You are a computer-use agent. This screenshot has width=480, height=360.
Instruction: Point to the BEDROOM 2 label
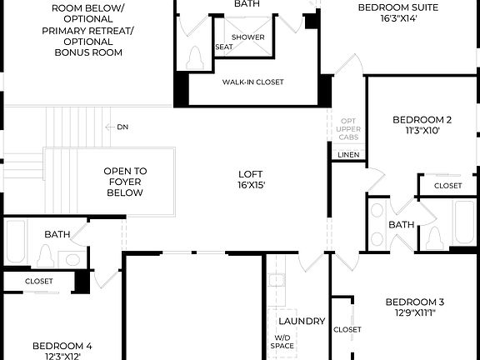pyautogui.click(x=422, y=119)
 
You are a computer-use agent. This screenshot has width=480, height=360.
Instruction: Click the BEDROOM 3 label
pyautogui.click(x=414, y=302)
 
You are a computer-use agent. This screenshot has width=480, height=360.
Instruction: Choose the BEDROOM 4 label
pyautogui.click(x=62, y=345)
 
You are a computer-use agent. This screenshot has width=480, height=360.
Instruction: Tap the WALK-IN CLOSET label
pyautogui.click(x=252, y=82)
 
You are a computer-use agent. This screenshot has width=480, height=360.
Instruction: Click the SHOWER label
pyautogui.click(x=247, y=37)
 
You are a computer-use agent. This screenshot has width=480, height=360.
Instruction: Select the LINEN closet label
pyautogui.click(x=348, y=155)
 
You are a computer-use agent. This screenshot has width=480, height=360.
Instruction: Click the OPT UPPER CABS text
pyautogui.click(x=348, y=129)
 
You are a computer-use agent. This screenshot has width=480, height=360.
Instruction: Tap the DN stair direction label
pyautogui.click(x=122, y=127)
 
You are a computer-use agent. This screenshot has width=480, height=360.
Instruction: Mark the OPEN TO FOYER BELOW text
pyautogui.click(x=125, y=182)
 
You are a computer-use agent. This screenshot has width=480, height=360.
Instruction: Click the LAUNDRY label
pyautogui.click(x=302, y=321)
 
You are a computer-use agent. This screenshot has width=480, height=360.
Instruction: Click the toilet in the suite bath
pyautogui.click(x=197, y=58)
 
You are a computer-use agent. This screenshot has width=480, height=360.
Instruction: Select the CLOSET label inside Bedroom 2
pyautogui.click(x=447, y=185)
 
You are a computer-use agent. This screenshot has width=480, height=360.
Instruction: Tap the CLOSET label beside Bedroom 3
pyautogui.click(x=347, y=329)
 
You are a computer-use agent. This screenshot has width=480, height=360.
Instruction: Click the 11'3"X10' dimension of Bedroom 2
pyautogui.click(x=422, y=130)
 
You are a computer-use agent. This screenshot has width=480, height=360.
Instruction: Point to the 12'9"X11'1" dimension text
pyautogui.click(x=414, y=312)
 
